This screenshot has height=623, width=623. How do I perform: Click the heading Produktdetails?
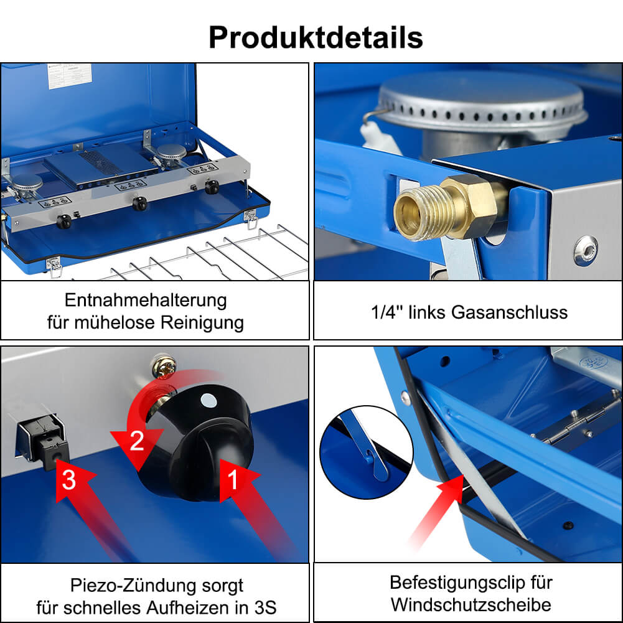316,38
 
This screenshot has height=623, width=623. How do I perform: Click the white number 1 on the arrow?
232,479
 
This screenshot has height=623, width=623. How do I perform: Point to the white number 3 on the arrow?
68,480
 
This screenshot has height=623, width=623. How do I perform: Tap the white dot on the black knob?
208,401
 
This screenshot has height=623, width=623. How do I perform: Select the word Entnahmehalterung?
146,300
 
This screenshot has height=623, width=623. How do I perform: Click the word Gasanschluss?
509,312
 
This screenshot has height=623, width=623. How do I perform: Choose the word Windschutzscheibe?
471,605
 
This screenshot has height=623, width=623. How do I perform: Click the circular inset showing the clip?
367,452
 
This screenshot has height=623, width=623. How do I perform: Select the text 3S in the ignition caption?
265,608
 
